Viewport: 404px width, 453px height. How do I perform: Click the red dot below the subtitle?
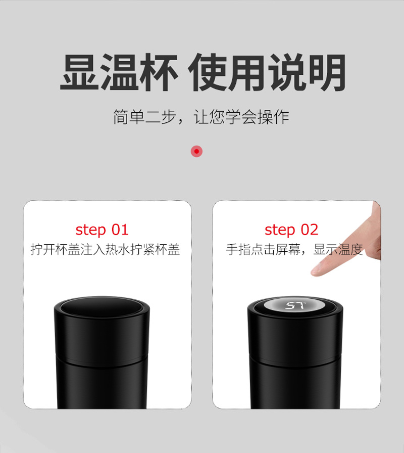coord(196,151)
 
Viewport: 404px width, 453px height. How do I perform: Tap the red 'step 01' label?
coord(102,230)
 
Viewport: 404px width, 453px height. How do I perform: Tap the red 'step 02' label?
coord(291,230)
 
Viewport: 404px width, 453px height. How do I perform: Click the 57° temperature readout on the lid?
coord(295,305)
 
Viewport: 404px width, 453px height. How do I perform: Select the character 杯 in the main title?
coord(159,72)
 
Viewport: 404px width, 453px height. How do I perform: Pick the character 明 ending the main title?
coord(327,72)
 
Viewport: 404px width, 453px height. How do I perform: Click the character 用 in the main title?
coord(247,72)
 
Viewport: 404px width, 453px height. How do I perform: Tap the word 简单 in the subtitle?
coord(129,117)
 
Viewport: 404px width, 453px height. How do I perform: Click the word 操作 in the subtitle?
coord(273,117)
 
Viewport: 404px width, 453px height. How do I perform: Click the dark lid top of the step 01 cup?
coord(102,307)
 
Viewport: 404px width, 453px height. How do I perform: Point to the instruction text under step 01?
coord(106,249)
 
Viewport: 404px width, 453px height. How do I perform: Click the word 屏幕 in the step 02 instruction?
coord(288,249)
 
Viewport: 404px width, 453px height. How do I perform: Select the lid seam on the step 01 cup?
coord(102,360)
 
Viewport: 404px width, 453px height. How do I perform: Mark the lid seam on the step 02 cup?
coord(295,360)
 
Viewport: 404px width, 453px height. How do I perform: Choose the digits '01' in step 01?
coord(120,230)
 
